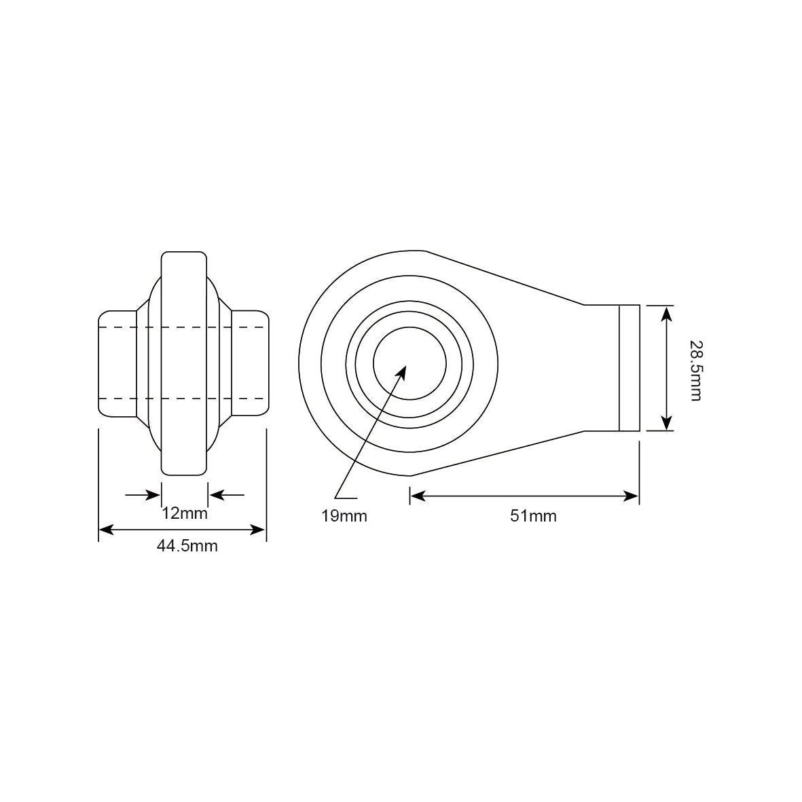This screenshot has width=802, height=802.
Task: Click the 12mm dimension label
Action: [184, 513]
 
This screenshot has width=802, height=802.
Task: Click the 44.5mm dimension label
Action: [187, 545]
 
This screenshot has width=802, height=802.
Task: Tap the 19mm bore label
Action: [344, 516]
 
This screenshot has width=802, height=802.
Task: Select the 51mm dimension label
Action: [533, 516]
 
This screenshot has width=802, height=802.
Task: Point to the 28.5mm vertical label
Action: [695, 370]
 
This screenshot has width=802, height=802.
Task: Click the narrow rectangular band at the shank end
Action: [629, 367]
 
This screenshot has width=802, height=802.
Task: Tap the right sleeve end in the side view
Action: [249, 363]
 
